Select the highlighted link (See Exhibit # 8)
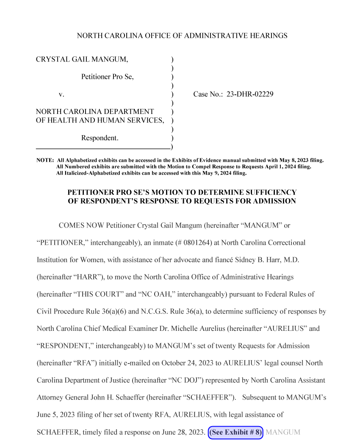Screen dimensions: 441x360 click(x=236, y=432)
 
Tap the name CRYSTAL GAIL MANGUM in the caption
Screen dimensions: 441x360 click(x=82, y=59)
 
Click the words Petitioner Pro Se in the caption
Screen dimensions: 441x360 click(x=107, y=77)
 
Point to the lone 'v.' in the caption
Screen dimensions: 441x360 click(x=61, y=94)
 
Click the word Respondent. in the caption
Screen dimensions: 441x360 click(x=100, y=138)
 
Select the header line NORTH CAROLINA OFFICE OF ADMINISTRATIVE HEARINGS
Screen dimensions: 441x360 click(x=182, y=36)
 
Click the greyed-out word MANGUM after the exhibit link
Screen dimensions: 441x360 click(x=283, y=432)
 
